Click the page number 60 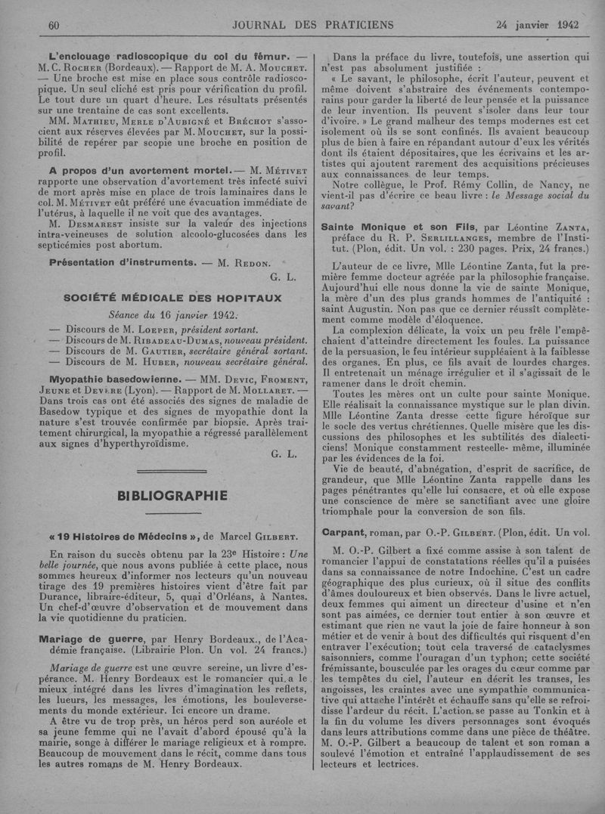(53, 25)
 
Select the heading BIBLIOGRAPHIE (172, 496)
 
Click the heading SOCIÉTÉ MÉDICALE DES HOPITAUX (173, 298)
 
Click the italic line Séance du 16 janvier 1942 (172, 314)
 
